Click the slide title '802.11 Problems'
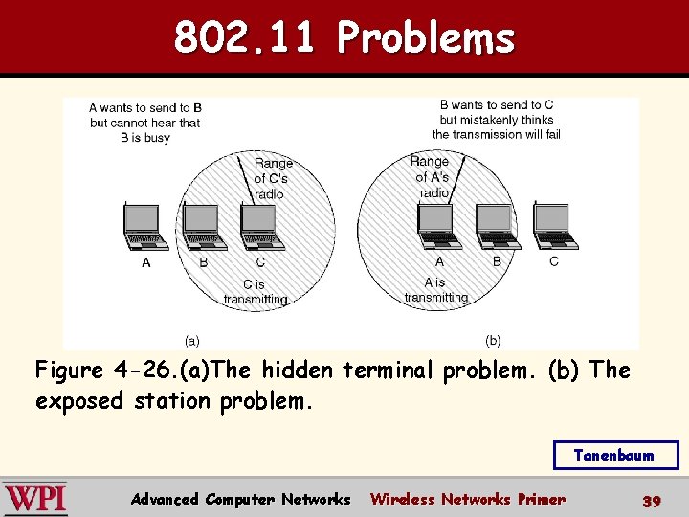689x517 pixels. [x=344, y=38]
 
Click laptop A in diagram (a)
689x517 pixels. [x=145, y=228]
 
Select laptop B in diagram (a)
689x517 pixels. [x=202, y=228]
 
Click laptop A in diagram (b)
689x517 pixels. [x=438, y=228]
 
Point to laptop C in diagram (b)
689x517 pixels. [x=554, y=228]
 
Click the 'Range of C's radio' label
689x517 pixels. [x=273, y=179]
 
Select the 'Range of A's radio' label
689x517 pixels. [x=433, y=177]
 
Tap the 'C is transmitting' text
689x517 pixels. [x=255, y=292]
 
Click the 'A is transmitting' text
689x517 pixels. [x=435, y=290]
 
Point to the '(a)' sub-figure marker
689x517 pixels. [x=191, y=340]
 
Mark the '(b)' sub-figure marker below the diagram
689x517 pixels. [x=493, y=340]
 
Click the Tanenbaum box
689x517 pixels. [x=614, y=456]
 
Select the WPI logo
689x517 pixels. [x=36, y=499]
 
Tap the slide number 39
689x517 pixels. [x=652, y=500]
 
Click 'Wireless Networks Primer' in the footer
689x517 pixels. [x=467, y=499]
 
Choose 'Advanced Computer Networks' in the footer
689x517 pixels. [x=240, y=499]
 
